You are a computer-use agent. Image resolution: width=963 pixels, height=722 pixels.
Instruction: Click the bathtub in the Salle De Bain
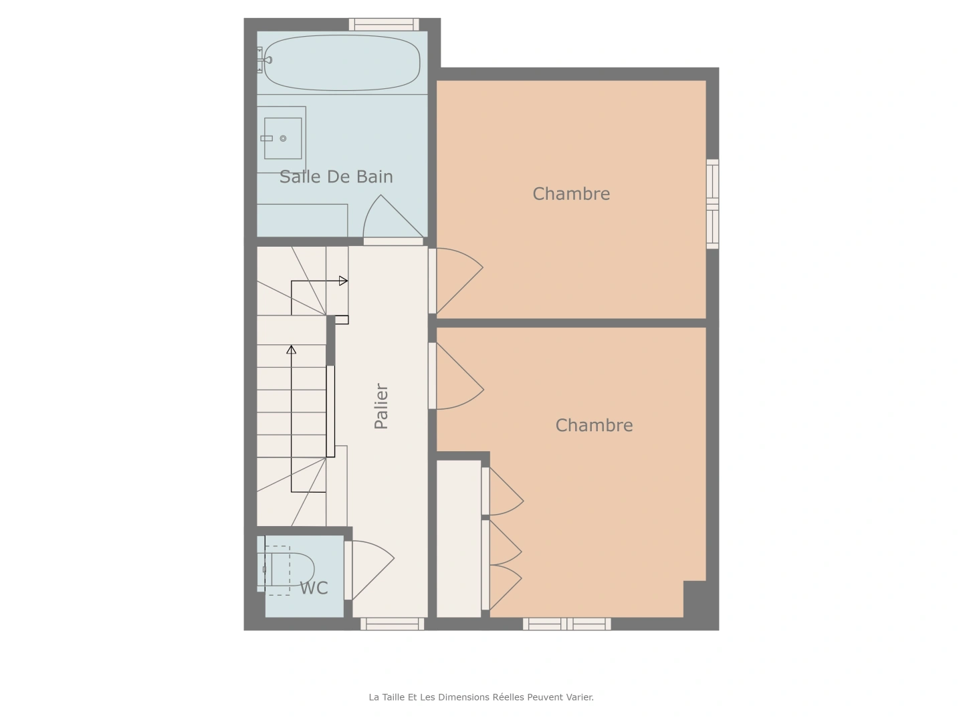pos(342,63)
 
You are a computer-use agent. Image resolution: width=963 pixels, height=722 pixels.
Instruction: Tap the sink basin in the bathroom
pos(282,138)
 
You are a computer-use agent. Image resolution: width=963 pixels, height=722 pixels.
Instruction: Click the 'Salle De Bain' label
pos(336,176)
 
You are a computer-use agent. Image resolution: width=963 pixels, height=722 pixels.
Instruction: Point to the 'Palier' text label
pos(381,406)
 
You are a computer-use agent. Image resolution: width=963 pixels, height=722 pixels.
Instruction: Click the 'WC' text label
pos(314,588)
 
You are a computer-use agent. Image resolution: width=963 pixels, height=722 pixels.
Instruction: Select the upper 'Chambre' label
pos(571,194)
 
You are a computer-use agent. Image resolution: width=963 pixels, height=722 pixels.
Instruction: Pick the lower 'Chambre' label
pos(594,425)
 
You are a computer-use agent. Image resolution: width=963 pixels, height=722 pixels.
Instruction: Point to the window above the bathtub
pos(384,25)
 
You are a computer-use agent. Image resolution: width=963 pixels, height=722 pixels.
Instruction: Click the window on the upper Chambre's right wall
pos(713,204)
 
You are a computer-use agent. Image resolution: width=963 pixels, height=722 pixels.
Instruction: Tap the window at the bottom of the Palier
pos(392,624)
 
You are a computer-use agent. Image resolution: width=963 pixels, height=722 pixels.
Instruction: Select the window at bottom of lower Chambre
pos(566,624)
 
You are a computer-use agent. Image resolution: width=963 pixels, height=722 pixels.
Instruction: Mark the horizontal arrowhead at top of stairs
pos(343,281)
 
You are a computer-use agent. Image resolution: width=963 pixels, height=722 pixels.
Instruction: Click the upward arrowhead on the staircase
pos(291,349)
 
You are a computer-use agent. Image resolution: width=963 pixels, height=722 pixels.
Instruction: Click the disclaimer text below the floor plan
pos(481,697)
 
